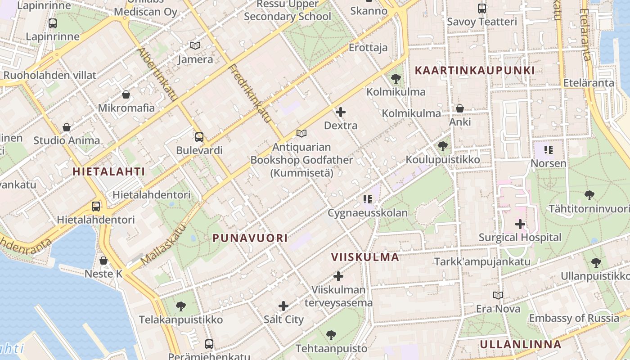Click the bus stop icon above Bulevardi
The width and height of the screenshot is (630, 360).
[x=199, y=137]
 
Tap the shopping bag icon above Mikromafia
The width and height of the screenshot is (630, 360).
[x=126, y=94]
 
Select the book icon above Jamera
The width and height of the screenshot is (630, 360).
[x=195, y=46]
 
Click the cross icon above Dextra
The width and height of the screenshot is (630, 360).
[x=341, y=112]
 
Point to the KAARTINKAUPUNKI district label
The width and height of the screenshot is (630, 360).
[x=475, y=70]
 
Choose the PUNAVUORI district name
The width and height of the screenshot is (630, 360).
[x=250, y=238]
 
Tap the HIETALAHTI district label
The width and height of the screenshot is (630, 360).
[x=109, y=171]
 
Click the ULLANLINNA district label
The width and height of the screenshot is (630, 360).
[x=520, y=345]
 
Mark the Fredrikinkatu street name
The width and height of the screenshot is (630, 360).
[x=250, y=94]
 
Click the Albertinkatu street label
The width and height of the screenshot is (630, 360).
[x=157, y=74]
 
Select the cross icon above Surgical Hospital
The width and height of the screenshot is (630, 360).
[x=520, y=224]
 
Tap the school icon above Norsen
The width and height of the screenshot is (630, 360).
[x=548, y=150]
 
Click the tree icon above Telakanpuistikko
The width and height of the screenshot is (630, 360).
[x=180, y=306]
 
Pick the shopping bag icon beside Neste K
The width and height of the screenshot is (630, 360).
[x=103, y=261]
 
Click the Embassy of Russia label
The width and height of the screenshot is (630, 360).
[x=574, y=318]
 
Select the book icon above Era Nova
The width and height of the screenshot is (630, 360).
[x=498, y=296]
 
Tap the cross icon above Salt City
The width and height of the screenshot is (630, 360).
[x=283, y=306]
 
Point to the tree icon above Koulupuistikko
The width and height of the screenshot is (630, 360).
[x=443, y=146]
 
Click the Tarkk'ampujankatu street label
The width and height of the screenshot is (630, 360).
[x=482, y=261]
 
